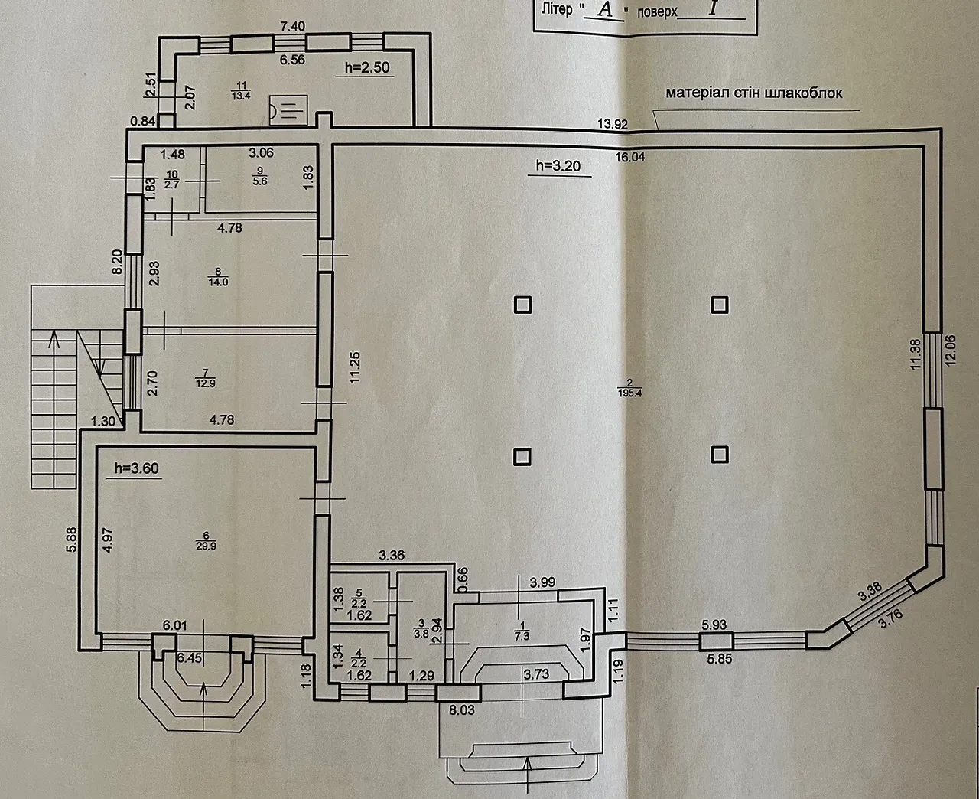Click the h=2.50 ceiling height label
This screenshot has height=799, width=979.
(x=367, y=67)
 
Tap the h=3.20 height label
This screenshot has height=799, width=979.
(x=558, y=166)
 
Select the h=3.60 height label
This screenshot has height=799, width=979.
(x=136, y=468)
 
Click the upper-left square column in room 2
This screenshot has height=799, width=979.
(x=522, y=305)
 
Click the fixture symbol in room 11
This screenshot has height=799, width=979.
(x=289, y=111)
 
